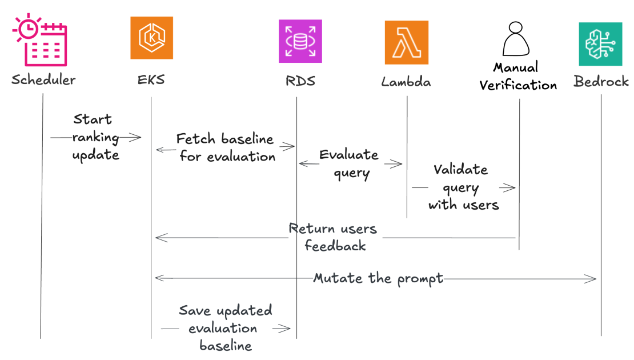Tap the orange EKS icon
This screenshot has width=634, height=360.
[x=151, y=38]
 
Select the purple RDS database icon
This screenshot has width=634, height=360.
[x=300, y=41]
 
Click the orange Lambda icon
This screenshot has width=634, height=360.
[x=406, y=42]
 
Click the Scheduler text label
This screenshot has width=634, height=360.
[x=43, y=79]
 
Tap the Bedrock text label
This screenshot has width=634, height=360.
[x=601, y=81]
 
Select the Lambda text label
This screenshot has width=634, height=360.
[x=406, y=82]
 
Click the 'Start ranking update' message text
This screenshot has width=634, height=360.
[x=95, y=137]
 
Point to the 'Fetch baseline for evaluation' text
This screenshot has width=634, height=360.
[x=226, y=147]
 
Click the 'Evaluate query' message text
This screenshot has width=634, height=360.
[x=350, y=163]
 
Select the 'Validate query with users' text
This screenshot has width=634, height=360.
[x=462, y=187]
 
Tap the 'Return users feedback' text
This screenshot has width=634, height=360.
[x=334, y=237]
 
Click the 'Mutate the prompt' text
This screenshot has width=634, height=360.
[x=378, y=278]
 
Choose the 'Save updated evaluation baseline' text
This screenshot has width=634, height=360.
[x=225, y=327]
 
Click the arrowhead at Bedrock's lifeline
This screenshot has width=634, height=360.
[x=593, y=278]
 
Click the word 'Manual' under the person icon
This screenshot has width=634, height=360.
[x=516, y=68]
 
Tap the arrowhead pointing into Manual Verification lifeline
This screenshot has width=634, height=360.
[x=512, y=187]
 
